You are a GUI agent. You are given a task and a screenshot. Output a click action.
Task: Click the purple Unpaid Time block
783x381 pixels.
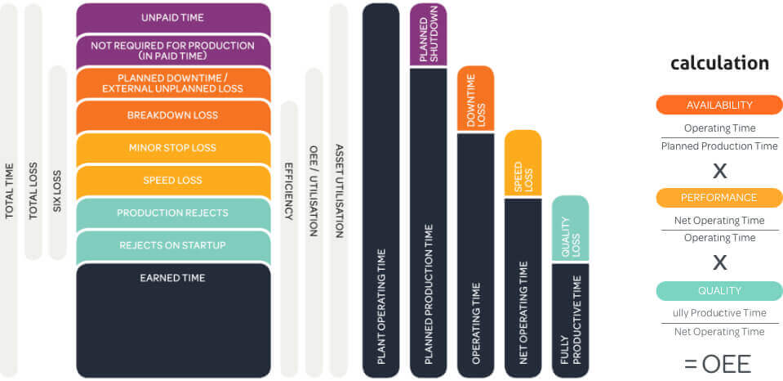173,19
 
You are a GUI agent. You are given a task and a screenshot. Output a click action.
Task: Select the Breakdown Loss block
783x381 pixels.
173,116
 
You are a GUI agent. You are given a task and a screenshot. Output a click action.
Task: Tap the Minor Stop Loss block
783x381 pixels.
173,149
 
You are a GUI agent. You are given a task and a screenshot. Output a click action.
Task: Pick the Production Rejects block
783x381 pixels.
173,213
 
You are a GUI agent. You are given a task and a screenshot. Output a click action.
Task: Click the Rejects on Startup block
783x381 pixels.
173,246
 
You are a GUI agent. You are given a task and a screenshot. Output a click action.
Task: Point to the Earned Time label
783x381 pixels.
173,278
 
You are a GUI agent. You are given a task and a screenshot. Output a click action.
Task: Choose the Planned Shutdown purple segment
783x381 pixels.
429,34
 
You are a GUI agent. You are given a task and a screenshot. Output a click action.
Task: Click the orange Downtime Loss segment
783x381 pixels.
476,98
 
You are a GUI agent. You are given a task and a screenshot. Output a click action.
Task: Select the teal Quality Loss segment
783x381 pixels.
570,228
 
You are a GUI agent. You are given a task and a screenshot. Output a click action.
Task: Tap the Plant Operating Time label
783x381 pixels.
381,306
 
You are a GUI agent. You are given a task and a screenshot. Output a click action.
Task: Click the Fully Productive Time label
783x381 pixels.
571,320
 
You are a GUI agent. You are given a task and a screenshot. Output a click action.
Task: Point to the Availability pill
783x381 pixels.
719,105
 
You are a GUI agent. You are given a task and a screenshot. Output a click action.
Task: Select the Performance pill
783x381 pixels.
719,198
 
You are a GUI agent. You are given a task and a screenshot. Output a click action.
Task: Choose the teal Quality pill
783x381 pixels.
719,291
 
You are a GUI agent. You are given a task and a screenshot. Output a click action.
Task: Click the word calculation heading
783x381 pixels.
719,64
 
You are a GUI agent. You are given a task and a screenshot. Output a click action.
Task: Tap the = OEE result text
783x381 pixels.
718,365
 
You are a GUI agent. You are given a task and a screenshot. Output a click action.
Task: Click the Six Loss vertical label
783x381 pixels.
57,191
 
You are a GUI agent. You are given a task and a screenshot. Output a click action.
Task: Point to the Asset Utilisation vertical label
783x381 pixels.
339,191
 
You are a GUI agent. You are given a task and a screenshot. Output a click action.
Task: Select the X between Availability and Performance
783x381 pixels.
719,172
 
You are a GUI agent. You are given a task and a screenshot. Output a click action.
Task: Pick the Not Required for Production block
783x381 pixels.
173,51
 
